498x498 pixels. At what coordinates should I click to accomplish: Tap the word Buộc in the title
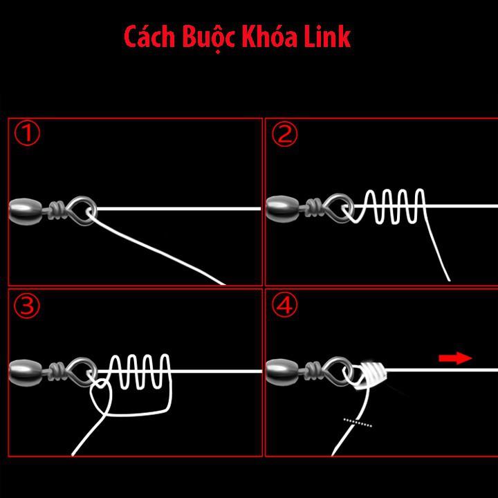coord(207,38)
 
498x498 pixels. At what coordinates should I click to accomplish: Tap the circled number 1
coord(27,134)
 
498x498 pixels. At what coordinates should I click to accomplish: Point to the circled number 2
coord(284,134)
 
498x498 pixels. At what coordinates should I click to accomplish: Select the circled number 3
coord(27,306)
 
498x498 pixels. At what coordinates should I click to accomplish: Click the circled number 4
coord(284,306)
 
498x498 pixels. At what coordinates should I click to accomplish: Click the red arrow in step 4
coord(455,358)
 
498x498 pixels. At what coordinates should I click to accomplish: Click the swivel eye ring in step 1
coord(83,209)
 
